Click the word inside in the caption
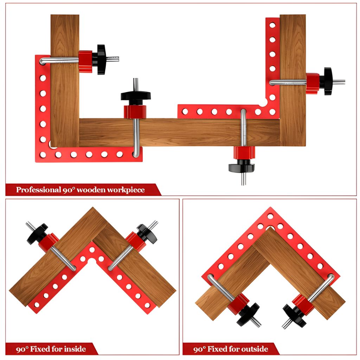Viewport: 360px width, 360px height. point(75,349)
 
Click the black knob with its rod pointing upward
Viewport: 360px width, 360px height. point(136,96)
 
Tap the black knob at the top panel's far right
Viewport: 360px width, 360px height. point(328,81)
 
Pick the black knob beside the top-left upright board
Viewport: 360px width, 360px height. point(101,59)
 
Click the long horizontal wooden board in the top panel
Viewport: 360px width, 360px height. point(179,132)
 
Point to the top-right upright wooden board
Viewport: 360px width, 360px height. point(293,81)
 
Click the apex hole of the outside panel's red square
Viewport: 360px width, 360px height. point(270,216)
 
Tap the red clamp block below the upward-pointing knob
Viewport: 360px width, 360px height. point(135,112)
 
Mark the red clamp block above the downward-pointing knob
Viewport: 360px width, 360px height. point(244,153)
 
